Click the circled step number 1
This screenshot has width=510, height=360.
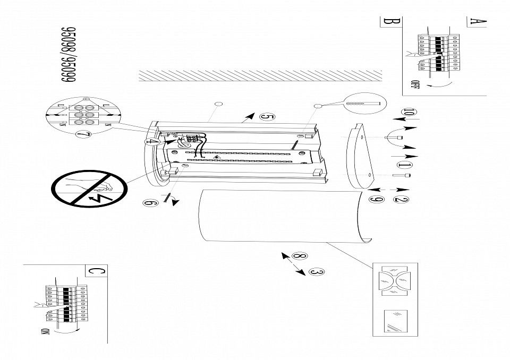(404, 167)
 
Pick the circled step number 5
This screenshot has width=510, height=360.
(267, 116)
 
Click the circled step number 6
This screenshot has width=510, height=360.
(150, 202)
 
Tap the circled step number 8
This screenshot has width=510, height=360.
(299, 256)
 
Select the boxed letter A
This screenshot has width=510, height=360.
(477, 22)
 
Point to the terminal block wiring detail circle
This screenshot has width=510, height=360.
(83, 114)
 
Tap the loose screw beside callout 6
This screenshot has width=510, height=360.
(169, 198)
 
